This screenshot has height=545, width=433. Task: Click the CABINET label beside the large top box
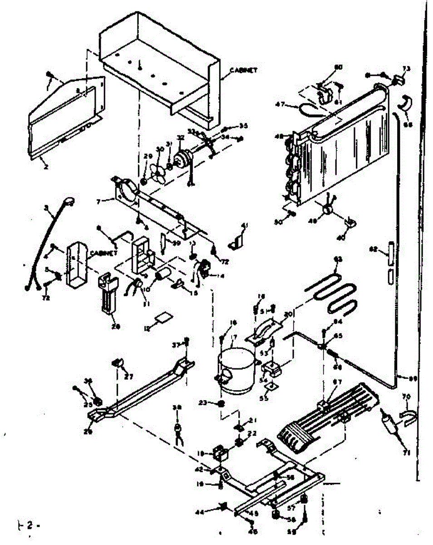pyautogui.click(x=244, y=70)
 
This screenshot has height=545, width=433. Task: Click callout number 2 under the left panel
pyautogui.click(x=46, y=167)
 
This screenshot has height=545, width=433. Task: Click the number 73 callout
pyautogui.click(x=406, y=69)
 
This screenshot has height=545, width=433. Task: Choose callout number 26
pyautogui.click(x=88, y=432)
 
